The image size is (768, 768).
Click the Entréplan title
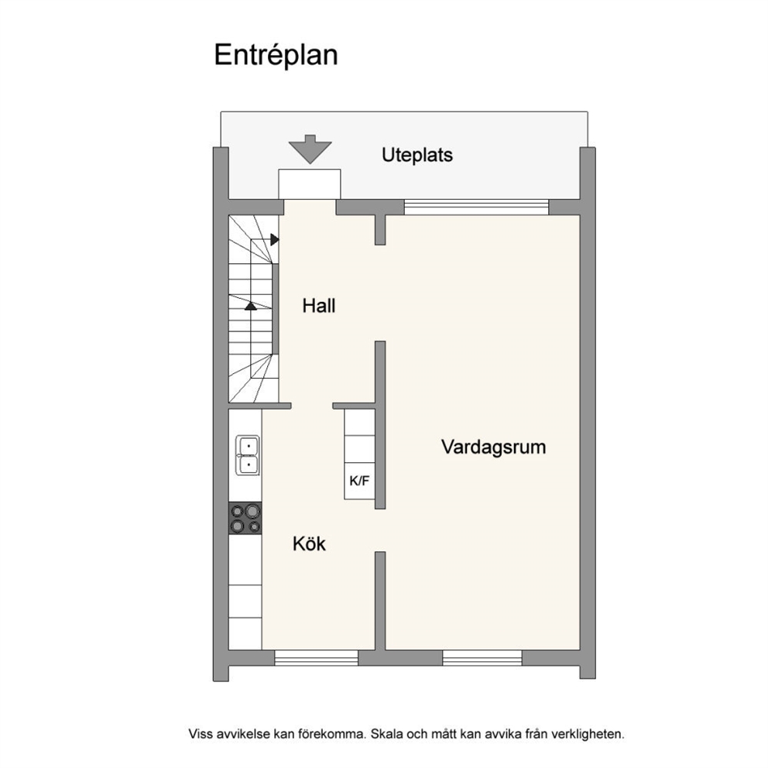pos(276,55)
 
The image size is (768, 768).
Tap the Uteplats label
pos(417,156)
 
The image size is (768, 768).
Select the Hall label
pos(319,306)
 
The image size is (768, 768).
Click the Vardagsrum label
pos(493,447)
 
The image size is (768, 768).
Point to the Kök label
pos(309,543)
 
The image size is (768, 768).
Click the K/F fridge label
pos(359,481)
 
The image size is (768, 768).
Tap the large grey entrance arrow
pos(310,149)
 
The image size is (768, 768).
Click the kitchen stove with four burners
pos(245,518)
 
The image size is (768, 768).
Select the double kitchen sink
pos(249,455)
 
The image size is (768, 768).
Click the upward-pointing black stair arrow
pos(251,306)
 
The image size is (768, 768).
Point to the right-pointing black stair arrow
pos(275,239)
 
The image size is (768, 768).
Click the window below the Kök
pos(317,658)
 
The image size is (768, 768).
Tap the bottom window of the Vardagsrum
pos(482,658)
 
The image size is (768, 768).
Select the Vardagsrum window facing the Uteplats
pos(476,207)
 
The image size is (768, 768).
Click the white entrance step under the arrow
pos(310,184)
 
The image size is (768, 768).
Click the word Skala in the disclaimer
pos(386,734)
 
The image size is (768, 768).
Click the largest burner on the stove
pos(252,511)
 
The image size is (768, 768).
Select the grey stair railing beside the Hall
pos(276,309)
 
